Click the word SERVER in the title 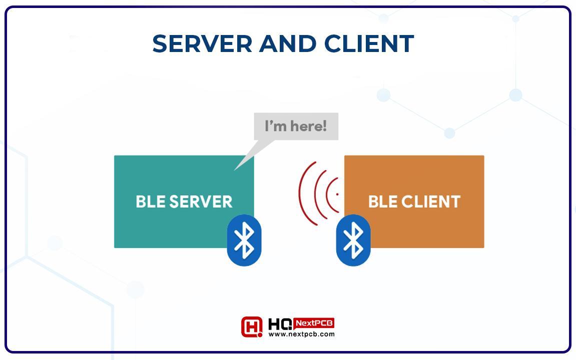pos(202,43)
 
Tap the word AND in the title pos(288,43)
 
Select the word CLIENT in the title pos(369,43)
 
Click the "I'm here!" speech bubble pos(296,126)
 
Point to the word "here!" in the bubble pos(308,126)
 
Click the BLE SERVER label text pos(184,201)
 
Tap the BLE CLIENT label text pos(414,201)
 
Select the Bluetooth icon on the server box pos(244,240)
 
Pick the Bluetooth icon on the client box pos(353,240)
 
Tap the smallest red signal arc pos(327,194)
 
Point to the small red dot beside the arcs pos(337,194)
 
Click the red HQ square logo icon pos(252,326)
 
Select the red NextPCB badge pos(314,323)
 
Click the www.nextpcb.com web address pos(302,334)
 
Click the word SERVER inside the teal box pos(201,201)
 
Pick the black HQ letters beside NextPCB pos(280,323)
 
